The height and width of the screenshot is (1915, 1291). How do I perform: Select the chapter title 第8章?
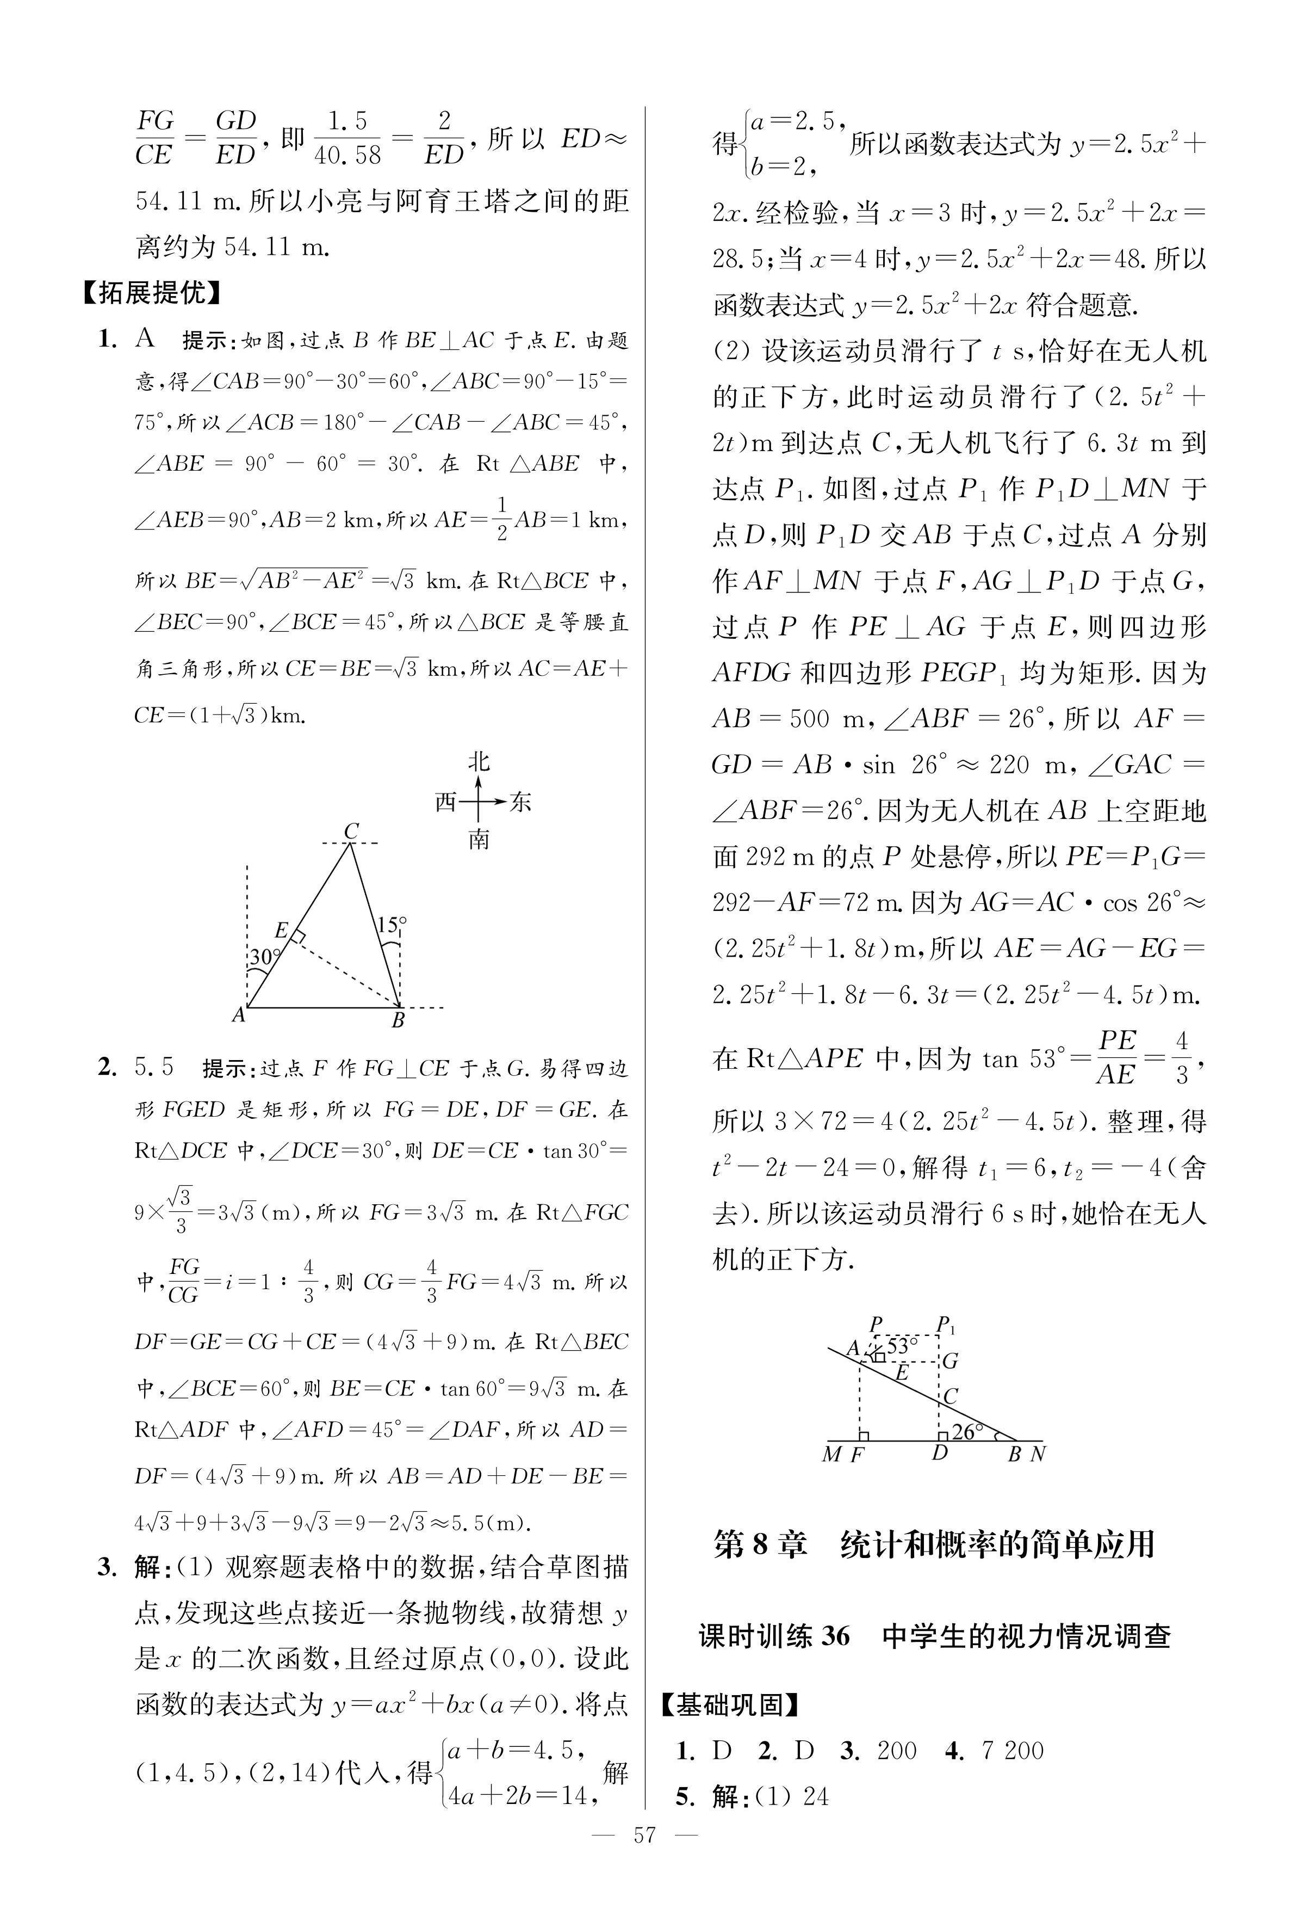coord(760,1543)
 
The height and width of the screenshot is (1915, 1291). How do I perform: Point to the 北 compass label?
coord(479,761)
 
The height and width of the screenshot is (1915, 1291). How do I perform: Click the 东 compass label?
coord(520,802)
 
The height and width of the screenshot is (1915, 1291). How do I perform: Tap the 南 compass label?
coord(479,840)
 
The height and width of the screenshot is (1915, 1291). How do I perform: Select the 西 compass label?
coord(445,802)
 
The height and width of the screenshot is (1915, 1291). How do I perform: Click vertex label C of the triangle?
coord(351,830)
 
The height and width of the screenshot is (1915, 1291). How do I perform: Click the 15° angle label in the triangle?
coord(391,925)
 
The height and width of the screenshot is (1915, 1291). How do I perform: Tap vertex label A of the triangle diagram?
coord(239,1015)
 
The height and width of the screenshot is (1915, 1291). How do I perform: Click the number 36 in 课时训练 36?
coord(835,1635)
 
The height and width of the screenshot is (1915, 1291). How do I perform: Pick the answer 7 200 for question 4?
coord(1012,1750)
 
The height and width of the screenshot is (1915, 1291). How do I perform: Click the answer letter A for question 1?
coord(145,338)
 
